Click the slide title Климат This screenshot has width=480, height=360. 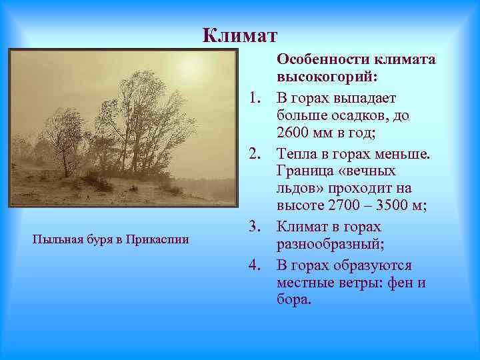click(x=239, y=34)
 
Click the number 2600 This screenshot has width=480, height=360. click(x=293, y=135)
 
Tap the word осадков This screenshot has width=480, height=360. click(x=364, y=116)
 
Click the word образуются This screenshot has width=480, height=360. click(x=373, y=265)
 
